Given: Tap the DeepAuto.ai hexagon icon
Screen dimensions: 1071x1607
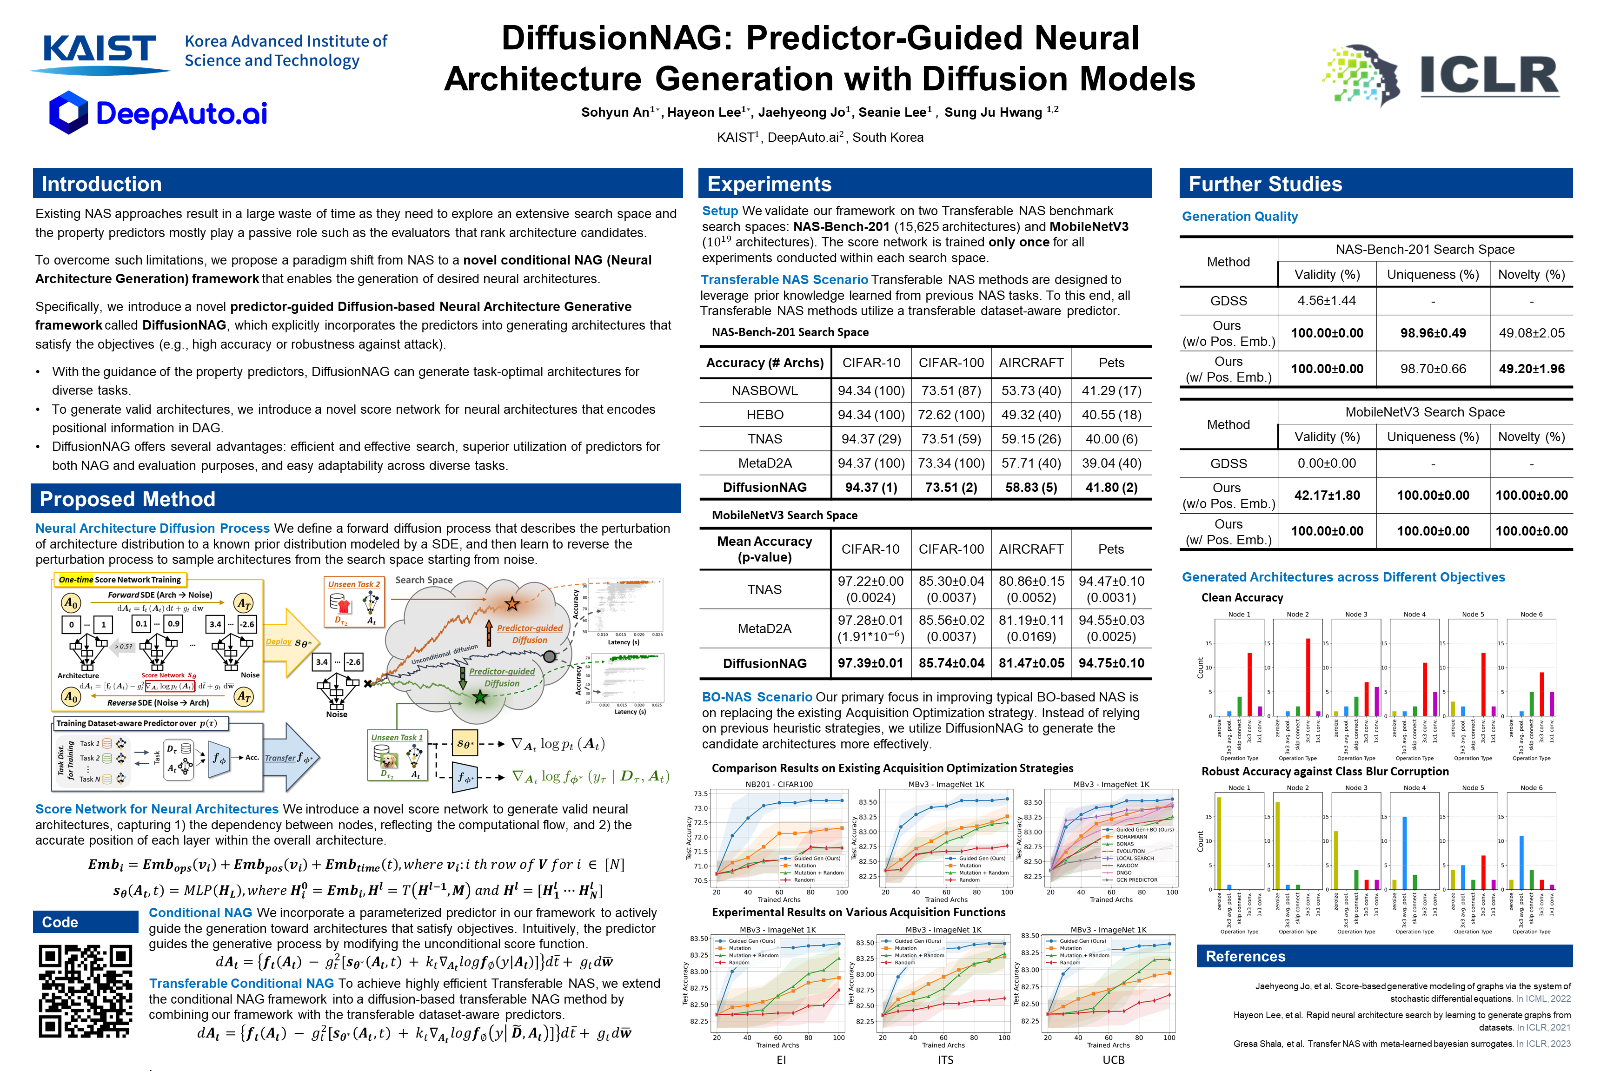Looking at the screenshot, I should tap(69, 112).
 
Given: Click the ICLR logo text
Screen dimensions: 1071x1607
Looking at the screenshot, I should tap(1489, 75).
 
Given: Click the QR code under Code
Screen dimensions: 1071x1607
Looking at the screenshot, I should tap(86, 991).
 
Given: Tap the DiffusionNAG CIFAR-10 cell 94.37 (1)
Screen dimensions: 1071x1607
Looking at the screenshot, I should tap(871, 487).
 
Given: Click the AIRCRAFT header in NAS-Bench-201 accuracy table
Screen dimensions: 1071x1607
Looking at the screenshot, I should tap(1031, 363).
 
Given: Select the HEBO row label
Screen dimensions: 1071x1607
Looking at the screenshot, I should tap(764, 415).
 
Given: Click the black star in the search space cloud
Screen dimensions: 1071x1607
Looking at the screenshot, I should tap(512, 604).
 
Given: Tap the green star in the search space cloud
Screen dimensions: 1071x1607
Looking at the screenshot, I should tap(480, 697).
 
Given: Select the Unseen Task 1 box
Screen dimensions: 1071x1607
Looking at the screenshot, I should tap(398, 755).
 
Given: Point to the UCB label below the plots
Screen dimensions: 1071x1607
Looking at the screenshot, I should tap(1113, 1060).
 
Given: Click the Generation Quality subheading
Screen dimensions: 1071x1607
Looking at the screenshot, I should tap(1239, 217).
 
